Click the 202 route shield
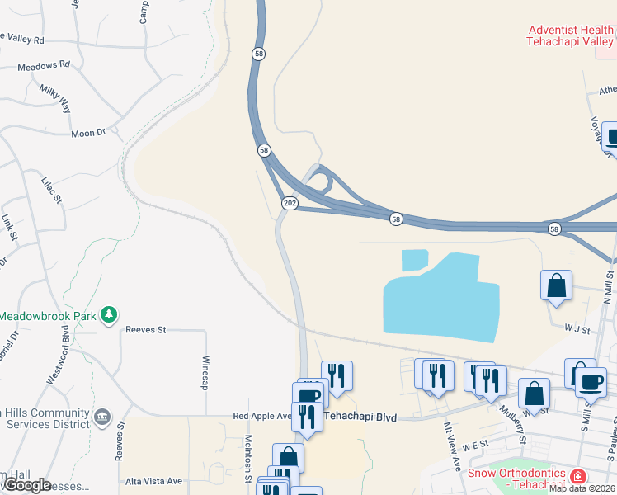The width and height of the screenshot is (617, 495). pyautogui.click(x=289, y=203)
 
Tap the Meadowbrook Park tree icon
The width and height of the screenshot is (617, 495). pyautogui.click(x=108, y=314)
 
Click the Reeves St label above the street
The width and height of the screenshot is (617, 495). pyautogui.click(x=146, y=329)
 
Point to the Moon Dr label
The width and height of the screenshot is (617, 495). pyautogui.click(x=89, y=133)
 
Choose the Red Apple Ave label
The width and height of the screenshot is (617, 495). pyautogui.click(x=262, y=416)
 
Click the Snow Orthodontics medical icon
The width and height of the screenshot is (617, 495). pyautogui.click(x=578, y=476)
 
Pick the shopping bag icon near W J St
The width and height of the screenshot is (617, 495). pyautogui.click(x=557, y=285)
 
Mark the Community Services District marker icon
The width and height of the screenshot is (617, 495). pyautogui.click(x=102, y=416)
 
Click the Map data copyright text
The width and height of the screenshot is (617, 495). pyautogui.click(x=582, y=488)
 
